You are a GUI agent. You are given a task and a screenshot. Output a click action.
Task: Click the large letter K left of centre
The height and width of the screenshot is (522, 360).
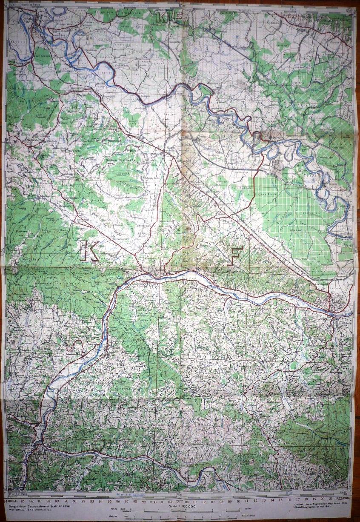[x=90, y=251]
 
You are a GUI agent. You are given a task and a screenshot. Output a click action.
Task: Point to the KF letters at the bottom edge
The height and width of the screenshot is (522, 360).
[x=153, y=483]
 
